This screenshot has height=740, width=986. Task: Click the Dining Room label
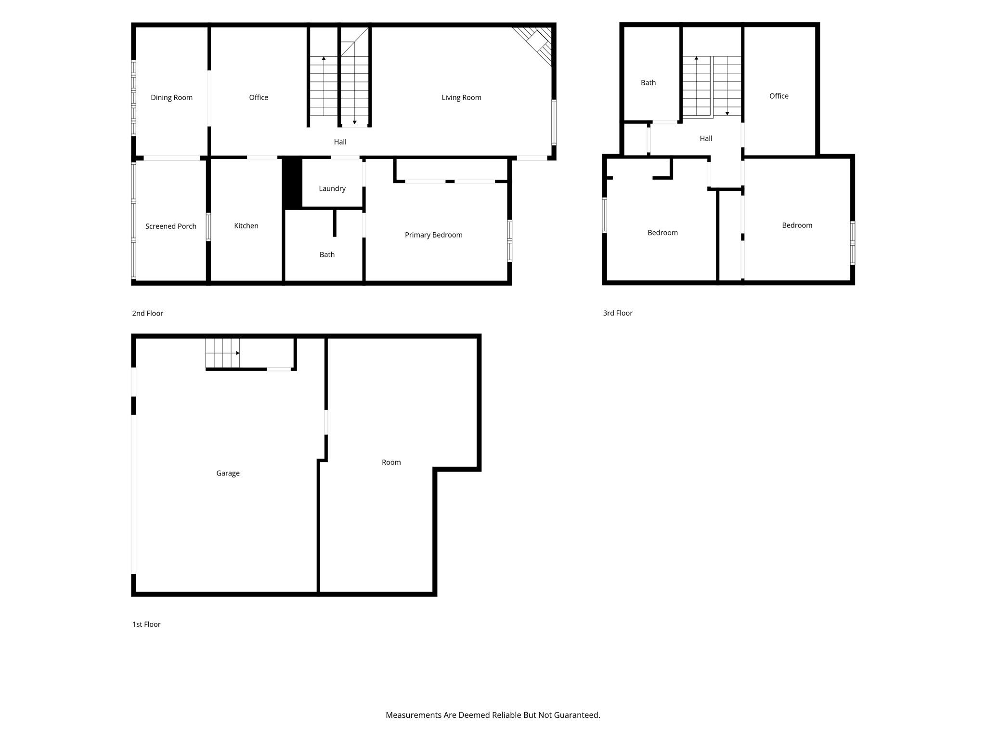pos(171,98)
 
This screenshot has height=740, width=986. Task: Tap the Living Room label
pos(461,98)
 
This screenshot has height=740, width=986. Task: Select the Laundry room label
pos(332,189)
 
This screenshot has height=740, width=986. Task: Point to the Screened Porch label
pos(171,226)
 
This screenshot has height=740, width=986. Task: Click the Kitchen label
pos(246,226)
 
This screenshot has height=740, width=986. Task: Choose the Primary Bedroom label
pos(433,235)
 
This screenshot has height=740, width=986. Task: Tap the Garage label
pos(228,474)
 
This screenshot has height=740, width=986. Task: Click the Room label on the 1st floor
pos(391,462)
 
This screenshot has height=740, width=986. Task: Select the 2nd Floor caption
pos(147,314)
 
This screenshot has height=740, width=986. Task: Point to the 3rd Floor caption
pos(618,313)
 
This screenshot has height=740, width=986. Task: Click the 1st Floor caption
pos(146,624)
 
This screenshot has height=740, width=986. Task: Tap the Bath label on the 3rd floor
pos(648,83)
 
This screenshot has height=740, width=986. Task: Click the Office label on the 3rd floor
pos(778,96)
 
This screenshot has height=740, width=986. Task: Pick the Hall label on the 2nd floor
pos(340,142)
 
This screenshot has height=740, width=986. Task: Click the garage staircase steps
pos(222,353)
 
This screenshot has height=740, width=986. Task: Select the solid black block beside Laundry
pos(292,183)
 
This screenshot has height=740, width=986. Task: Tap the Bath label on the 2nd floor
pos(327,255)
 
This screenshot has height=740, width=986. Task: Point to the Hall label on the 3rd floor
pos(706,139)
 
